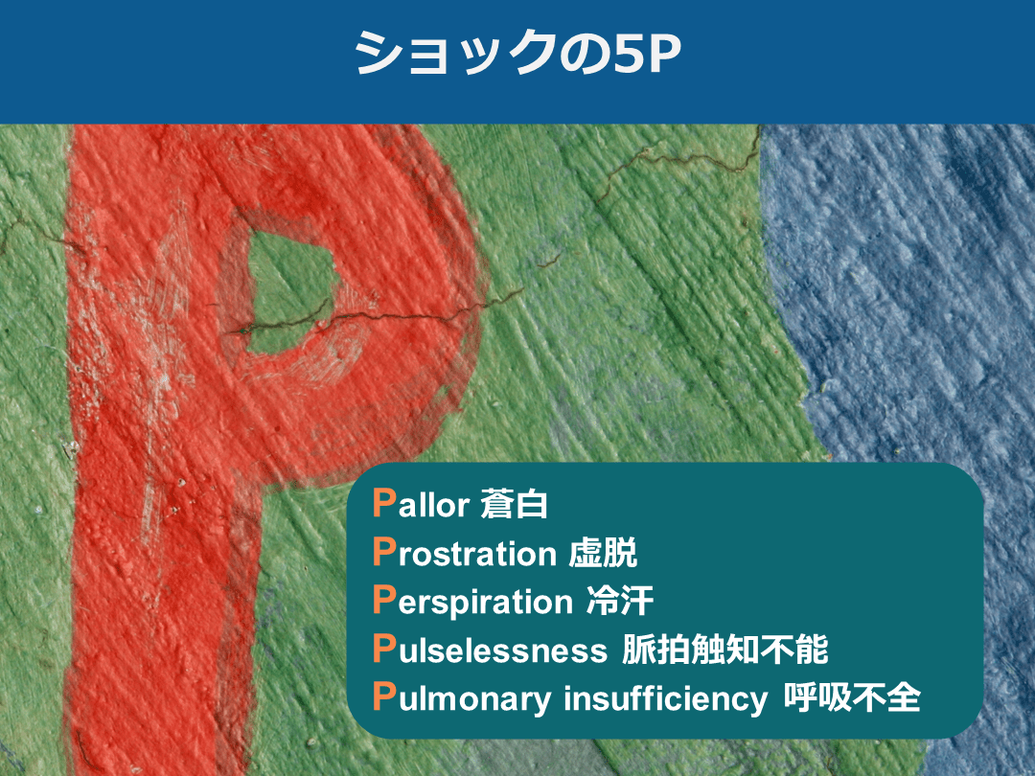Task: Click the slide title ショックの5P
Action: pos(517,56)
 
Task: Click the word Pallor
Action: pos(420,504)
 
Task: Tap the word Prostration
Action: pos(464,553)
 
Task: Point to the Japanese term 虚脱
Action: pos(603,553)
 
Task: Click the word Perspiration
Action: pos(471,602)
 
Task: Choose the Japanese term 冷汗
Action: pos(619,602)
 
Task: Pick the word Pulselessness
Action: pos(490,650)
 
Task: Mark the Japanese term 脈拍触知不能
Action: pos(724,650)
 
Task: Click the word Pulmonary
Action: pos(462,699)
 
